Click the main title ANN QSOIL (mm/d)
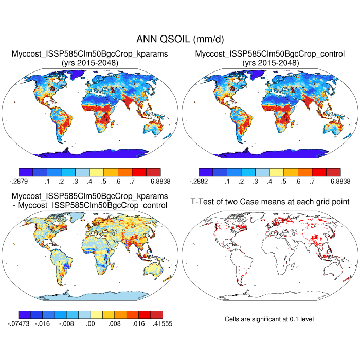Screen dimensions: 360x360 pyautogui.click(x=179, y=39)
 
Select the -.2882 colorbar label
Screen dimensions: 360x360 pyautogui.click(x=198, y=182)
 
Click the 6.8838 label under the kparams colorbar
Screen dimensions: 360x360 pyautogui.click(x=153, y=182)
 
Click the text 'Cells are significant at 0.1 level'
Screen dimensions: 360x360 pyautogui.click(x=269, y=319)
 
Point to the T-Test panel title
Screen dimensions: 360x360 pyautogui.click(x=269, y=201)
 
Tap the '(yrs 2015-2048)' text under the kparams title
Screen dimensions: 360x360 pyautogui.click(x=90, y=63)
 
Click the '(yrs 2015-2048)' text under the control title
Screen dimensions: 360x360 pyautogui.click(x=270, y=63)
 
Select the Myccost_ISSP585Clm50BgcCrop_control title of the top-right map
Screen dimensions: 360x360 pyautogui.click(x=270, y=53)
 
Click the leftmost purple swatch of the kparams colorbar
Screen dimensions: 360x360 pyautogui.click(x=25, y=172)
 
